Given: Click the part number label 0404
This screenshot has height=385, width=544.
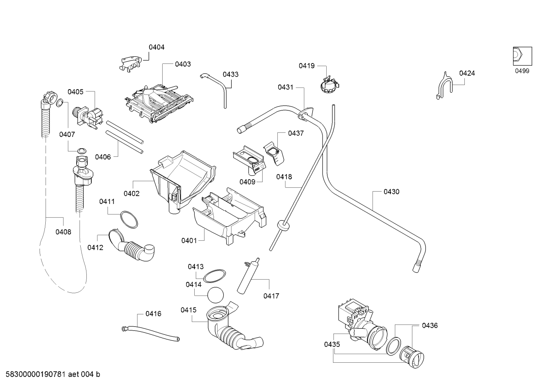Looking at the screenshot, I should [156, 47].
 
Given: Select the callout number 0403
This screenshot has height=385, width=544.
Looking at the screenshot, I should [183, 64].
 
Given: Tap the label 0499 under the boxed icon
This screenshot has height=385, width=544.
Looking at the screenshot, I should [522, 71].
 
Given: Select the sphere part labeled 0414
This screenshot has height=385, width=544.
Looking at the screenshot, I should [216, 295].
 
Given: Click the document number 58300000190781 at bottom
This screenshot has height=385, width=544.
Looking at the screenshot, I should [34, 374].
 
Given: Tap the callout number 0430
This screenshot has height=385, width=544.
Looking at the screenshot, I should [391, 192].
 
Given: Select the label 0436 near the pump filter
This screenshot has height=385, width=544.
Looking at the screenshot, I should [430, 325].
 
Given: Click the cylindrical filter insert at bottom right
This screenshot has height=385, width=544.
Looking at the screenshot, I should [413, 357].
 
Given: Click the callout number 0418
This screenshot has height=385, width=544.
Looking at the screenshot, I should [284, 177].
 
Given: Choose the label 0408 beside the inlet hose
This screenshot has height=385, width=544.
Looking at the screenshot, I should [63, 232].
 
